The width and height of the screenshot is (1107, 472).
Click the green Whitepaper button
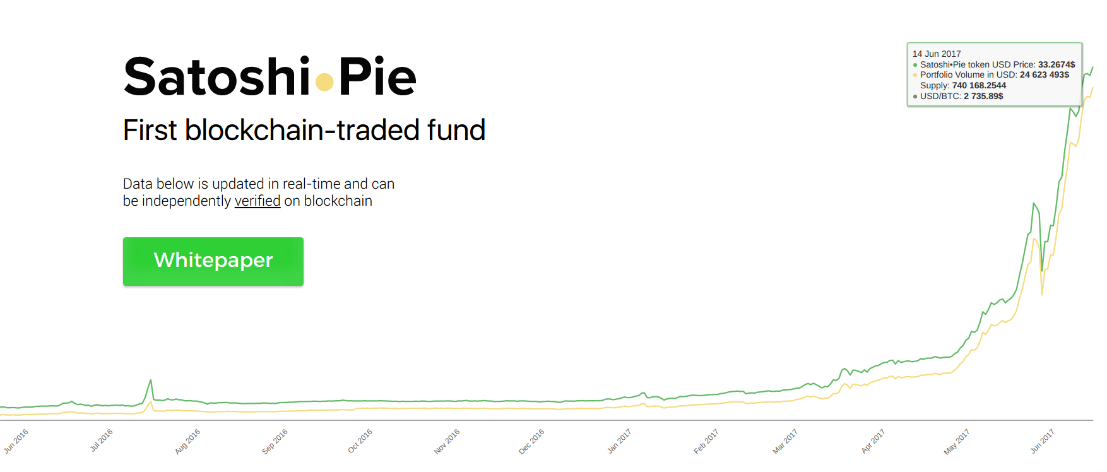click(x=213, y=261)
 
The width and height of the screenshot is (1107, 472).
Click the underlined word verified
click(x=258, y=201)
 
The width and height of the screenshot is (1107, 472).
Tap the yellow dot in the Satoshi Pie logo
click(x=324, y=82)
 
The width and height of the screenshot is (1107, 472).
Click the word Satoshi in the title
click(x=216, y=78)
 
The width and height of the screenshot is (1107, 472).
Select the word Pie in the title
click(x=377, y=78)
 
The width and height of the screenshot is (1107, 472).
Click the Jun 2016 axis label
click(x=16, y=441)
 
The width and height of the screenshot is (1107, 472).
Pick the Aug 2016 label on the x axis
click(x=187, y=441)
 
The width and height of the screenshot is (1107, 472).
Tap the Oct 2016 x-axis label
click(x=360, y=441)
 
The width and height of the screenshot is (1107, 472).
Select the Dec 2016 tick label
click(x=531, y=441)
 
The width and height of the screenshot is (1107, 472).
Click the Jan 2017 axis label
click(x=619, y=441)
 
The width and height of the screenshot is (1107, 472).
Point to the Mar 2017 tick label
click(x=785, y=441)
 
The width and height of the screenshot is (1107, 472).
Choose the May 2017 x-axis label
click(x=957, y=441)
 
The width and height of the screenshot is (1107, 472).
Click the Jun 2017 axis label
click(x=1042, y=441)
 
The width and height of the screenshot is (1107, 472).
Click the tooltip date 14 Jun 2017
click(x=937, y=54)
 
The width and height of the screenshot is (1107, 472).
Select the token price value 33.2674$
click(x=1057, y=64)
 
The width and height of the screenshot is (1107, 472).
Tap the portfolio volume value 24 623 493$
click(x=1045, y=74)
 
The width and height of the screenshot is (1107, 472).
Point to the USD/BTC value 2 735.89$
click(x=983, y=96)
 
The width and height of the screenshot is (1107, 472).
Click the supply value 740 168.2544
click(x=979, y=85)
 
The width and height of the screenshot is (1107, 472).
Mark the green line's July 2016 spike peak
click(x=151, y=380)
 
